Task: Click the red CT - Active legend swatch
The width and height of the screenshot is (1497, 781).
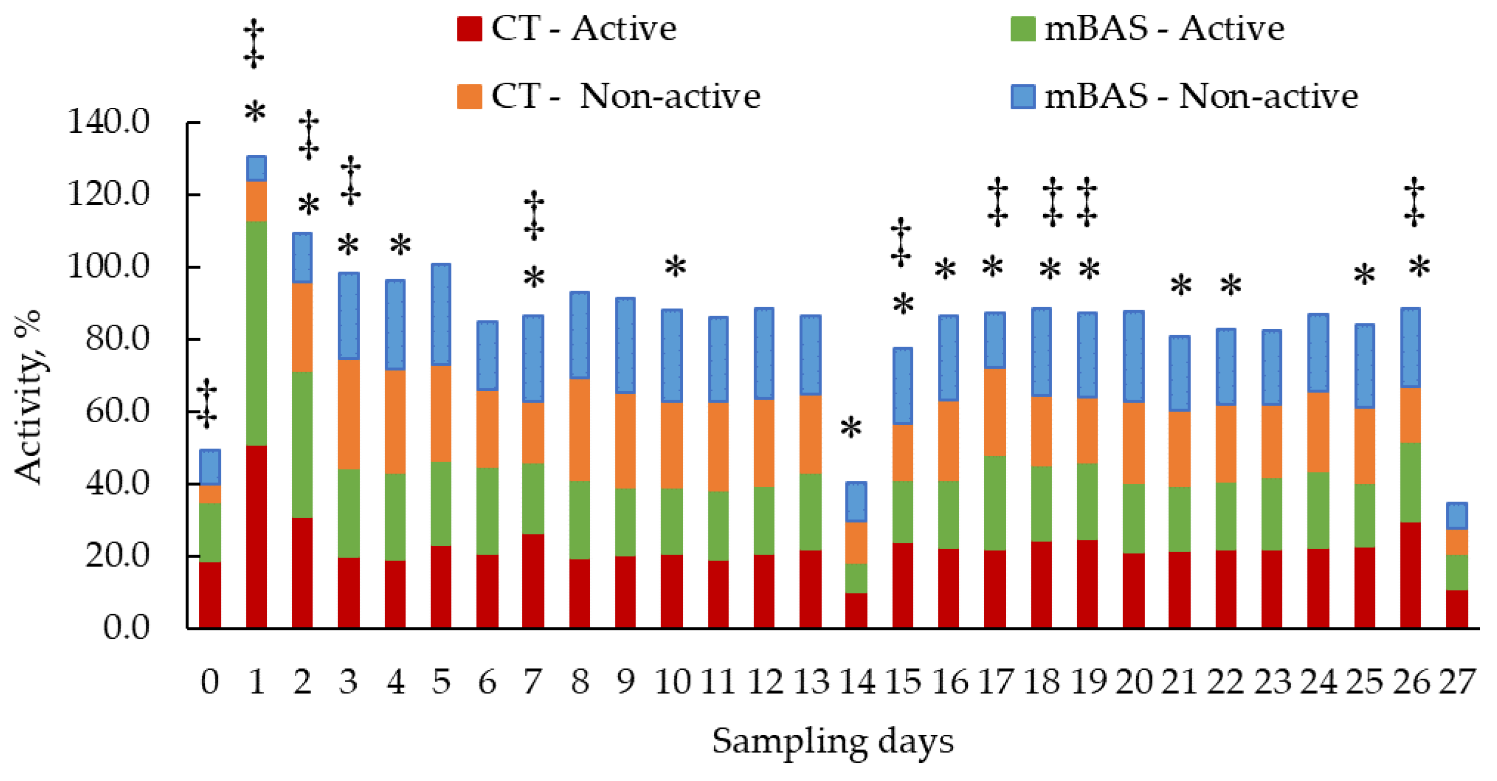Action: pos(469,29)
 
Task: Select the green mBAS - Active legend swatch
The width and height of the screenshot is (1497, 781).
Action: pos(1023,29)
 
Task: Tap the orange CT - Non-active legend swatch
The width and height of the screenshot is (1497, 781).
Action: pos(469,96)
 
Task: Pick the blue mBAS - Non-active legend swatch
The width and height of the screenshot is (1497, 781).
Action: pos(1023,96)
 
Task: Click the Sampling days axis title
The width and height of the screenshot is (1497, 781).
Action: pos(833,742)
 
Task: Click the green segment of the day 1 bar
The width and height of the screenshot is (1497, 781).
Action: pos(256,333)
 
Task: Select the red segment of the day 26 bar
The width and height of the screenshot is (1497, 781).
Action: pos(1410,575)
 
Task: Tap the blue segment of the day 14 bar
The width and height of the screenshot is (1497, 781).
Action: pos(856,501)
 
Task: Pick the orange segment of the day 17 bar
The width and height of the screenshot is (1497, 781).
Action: pos(995,412)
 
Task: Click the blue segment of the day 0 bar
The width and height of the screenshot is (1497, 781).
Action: pos(210,467)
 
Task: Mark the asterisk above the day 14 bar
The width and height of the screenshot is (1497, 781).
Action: pos(851,428)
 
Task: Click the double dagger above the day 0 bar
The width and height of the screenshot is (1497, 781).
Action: pos(206,404)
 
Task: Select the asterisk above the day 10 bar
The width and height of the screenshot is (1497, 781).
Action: pos(675,268)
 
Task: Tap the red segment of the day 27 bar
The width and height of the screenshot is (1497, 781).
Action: pos(1457,608)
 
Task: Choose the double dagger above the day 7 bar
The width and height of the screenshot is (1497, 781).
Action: pos(534,216)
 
